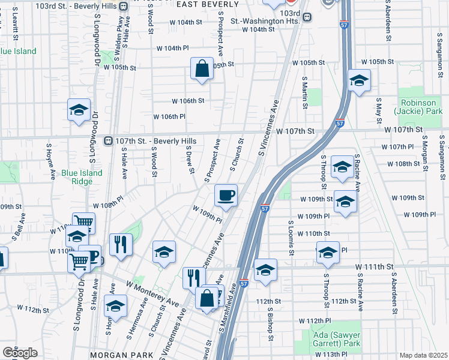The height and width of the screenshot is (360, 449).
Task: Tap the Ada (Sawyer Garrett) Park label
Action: pos(336,339)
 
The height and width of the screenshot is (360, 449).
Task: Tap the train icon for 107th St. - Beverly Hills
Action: pos(109,140)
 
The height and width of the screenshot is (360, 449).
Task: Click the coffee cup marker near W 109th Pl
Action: pos(226,196)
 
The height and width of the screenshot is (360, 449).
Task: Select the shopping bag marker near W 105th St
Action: pos(202,69)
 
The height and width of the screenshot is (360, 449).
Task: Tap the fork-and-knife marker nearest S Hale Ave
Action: pos(121,245)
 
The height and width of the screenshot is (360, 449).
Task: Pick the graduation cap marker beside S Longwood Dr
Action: pos(79,110)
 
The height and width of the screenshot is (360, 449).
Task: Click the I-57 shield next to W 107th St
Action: pos(339,124)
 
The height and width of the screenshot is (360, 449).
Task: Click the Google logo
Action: pos(20,352)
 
